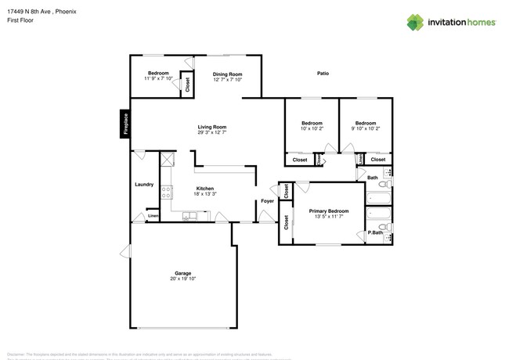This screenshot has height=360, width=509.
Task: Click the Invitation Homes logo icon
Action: (416, 21)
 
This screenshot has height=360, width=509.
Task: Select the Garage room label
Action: (182, 273)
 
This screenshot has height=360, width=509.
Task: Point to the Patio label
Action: (323, 74)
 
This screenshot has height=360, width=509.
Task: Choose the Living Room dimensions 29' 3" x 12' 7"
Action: (211, 132)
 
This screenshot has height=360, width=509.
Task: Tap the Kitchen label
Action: (204, 188)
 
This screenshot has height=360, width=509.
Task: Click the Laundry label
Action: (144, 185)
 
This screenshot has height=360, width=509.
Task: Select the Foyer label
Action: (267, 201)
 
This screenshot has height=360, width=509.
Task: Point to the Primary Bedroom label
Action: (328, 211)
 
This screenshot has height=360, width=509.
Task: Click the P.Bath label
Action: (375, 232)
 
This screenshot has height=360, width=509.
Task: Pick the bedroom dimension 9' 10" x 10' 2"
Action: (365, 128)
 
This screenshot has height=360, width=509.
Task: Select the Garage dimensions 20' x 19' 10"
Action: (182, 279)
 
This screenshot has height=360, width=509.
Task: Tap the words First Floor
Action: (19, 20)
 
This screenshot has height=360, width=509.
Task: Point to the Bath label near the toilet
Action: (373, 178)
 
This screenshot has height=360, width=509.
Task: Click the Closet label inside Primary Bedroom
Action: (287, 221)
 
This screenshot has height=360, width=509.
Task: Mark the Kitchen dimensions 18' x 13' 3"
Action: (204, 193)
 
